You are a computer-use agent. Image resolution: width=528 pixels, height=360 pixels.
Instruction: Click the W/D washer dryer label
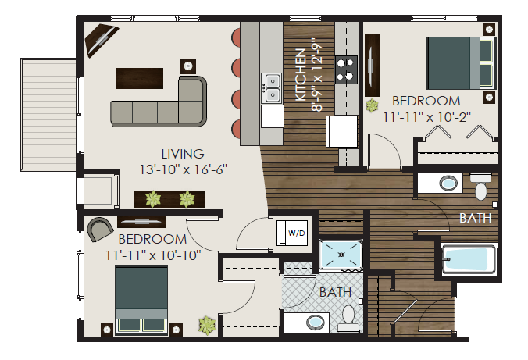pos(296,233)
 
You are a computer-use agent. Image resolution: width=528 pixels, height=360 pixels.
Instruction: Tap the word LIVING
pos(183,154)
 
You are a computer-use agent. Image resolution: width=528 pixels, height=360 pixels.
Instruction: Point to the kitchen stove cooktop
pos(345,69)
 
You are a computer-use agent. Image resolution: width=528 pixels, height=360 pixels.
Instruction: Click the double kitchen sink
pos(272,87)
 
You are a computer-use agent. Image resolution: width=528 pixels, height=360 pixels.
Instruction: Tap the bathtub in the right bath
pos(469,259)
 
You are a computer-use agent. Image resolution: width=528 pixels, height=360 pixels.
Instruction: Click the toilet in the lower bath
pos(349,315)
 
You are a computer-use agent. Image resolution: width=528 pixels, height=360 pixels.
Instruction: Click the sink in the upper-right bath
pos(448,184)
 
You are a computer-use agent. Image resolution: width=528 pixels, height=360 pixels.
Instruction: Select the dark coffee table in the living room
pos(140,78)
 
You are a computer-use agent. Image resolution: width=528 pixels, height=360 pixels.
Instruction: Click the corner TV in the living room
pos(102,38)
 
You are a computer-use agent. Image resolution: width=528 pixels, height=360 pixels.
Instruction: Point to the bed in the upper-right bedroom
pos(460,62)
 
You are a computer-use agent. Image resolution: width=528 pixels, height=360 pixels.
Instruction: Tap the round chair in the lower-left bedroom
pos(98,228)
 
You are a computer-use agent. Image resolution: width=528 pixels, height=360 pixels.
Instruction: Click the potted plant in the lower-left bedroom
pos(207,323)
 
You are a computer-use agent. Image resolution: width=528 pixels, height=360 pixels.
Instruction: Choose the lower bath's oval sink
pos(316,322)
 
